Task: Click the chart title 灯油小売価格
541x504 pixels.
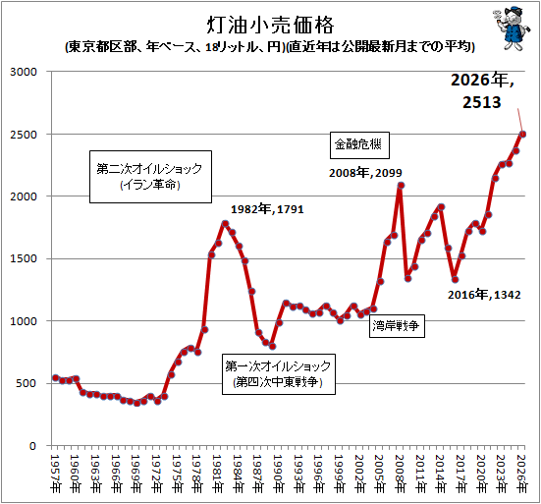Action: point(271,26)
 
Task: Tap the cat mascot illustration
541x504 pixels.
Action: point(512,28)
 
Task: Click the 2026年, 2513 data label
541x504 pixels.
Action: point(482,91)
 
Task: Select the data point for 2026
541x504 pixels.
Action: point(522,135)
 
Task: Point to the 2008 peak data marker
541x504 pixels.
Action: point(401,186)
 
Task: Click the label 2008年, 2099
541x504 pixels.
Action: point(365,173)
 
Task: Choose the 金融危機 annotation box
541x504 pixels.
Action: point(359,145)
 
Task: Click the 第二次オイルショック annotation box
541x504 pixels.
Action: point(150,177)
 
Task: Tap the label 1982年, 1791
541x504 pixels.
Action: point(267,209)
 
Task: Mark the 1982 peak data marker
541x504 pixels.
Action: point(225,224)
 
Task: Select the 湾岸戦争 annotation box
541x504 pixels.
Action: point(397,325)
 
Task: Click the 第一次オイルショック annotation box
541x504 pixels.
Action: point(279,374)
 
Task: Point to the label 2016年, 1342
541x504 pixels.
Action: point(484,295)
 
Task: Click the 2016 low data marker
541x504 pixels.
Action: point(456,280)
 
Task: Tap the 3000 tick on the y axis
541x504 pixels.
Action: point(24,72)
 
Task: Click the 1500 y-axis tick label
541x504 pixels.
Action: point(24,258)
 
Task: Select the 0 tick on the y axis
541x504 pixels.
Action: point(32,446)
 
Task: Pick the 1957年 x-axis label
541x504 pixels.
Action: point(55,474)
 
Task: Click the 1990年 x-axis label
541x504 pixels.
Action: point(279,474)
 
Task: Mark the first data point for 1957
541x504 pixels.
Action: point(55,378)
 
